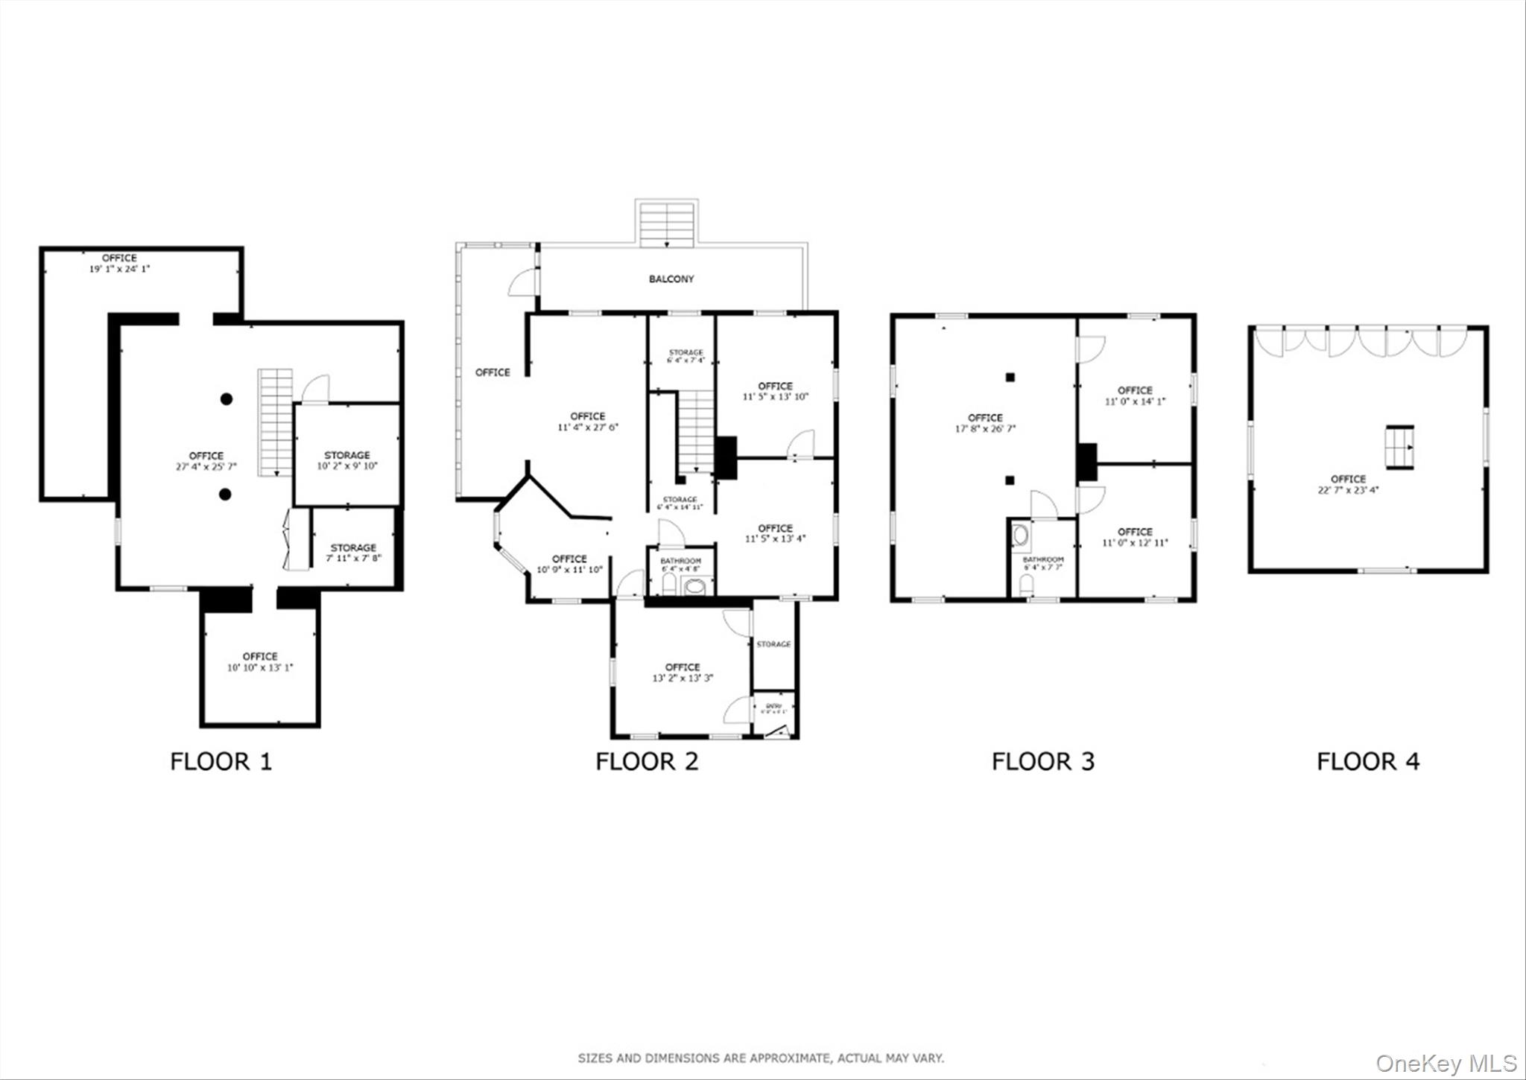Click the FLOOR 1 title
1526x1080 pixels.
pos(221,761)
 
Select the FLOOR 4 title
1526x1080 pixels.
pos(1367,761)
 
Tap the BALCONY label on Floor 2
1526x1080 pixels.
pos(671,279)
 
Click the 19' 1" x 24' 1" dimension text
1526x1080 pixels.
pos(119,269)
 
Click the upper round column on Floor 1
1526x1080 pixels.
pos(227,399)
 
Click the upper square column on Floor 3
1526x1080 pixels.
pos(1010,378)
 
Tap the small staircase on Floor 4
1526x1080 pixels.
pos(1399,447)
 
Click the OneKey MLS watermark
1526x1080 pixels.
pos(1446,1063)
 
